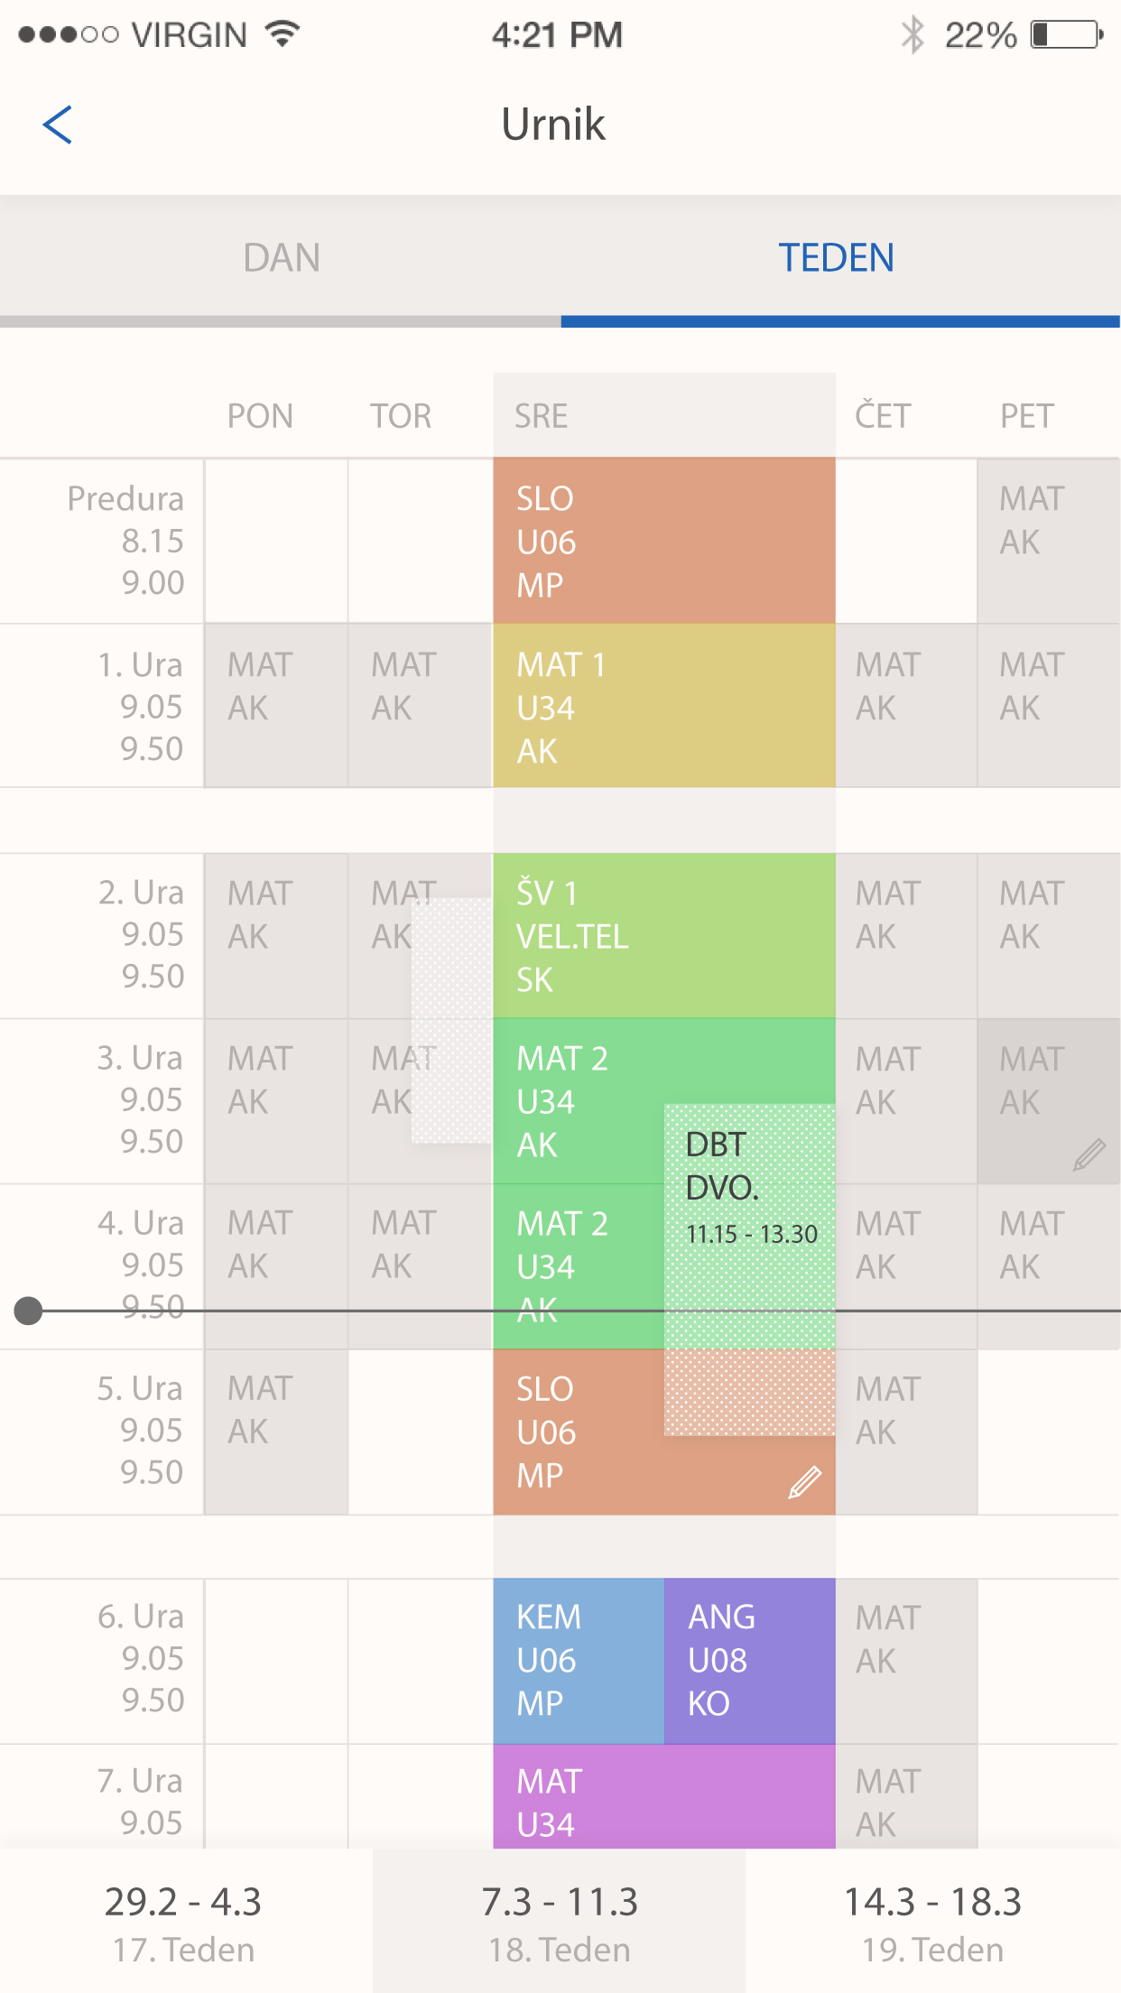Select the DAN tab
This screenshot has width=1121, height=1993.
(281, 258)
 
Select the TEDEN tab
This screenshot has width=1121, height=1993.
(837, 258)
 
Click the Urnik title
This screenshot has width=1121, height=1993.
(552, 125)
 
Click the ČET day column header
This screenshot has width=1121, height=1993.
(883, 416)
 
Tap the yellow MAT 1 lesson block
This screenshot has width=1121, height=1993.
(663, 707)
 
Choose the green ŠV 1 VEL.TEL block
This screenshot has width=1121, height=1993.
(663, 935)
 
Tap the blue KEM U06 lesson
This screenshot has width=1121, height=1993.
(578, 1660)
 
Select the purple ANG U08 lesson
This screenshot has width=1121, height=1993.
(749, 1660)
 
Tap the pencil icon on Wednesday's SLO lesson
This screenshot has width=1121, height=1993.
(804, 1482)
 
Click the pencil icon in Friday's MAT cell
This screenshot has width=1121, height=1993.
(1089, 1154)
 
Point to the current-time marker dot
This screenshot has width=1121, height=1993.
(29, 1310)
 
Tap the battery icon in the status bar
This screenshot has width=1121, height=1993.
(1067, 35)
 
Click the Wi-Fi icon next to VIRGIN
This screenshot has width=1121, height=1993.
(283, 34)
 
